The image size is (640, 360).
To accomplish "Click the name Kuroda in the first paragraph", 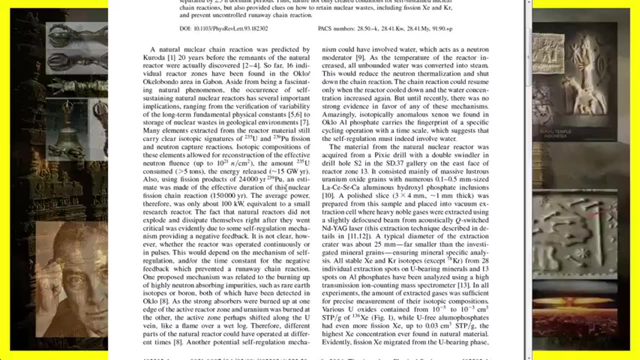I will tap(153, 57).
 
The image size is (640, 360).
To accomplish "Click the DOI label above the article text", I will tap(185, 28).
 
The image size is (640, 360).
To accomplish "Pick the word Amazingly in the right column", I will tap(339, 114).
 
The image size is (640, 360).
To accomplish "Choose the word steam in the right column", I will tap(478, 65).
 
